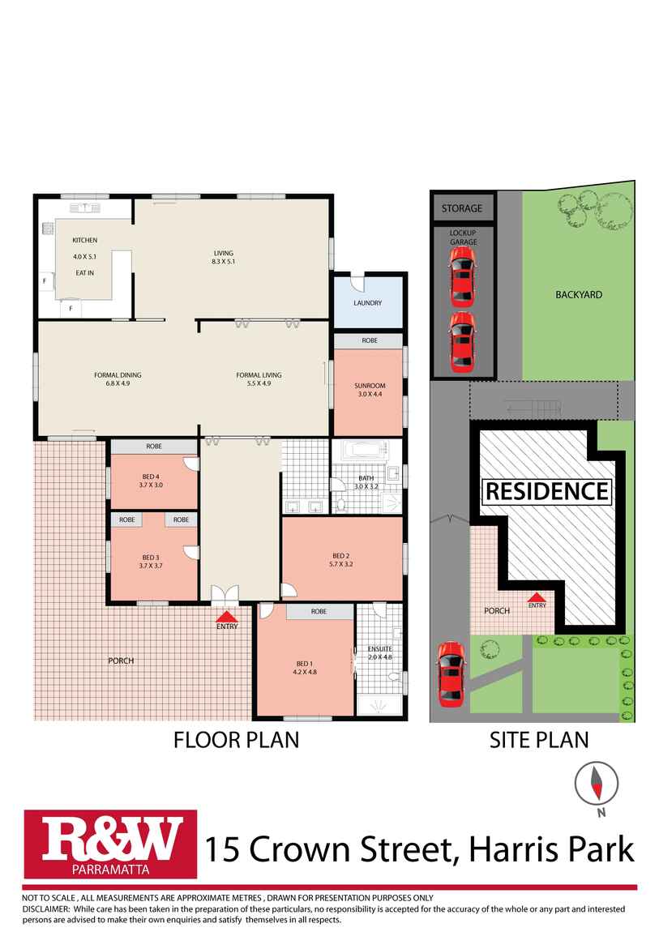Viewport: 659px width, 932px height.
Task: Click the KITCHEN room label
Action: pyautogui.click(x=85, y=241)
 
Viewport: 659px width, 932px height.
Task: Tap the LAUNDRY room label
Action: pyautogui.click(x=367, y=303)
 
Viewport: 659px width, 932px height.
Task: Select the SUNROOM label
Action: pyautogui.click(x=370, y=386)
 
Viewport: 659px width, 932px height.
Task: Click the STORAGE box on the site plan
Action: pyautogui.click(x=461, y=208)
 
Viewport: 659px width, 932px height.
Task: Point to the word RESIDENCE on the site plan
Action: pyautogui.click(x=546, y=491)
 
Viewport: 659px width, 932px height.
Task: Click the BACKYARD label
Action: pyautogui.click(x=579, y=295)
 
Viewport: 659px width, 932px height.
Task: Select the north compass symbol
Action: pyautogui.click(x=595, y=783)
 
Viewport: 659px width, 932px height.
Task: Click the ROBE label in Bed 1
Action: pyautogui.click(x=318, y=612)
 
